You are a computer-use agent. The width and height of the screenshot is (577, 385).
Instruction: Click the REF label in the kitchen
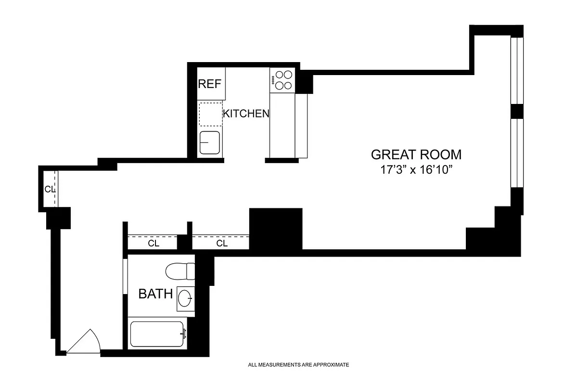point(210,84)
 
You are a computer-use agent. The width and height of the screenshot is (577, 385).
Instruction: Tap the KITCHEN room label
point(245,114)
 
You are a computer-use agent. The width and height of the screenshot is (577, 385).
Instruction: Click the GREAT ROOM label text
point(416,154)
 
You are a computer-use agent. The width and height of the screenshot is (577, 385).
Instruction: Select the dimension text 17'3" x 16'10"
point(416,170)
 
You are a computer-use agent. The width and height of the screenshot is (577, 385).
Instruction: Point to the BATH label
point(155,294)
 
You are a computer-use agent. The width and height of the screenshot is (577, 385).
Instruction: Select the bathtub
point(157,334)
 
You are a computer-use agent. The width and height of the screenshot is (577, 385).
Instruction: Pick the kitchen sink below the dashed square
point(210,143)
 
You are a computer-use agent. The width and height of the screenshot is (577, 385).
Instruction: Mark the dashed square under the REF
point(211,115)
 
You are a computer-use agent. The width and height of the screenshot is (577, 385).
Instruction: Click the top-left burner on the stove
point(279,75)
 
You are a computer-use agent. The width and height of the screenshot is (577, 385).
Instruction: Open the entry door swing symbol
point(84,343)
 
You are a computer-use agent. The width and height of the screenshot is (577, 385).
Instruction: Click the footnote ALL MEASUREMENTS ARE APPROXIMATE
point(298,365)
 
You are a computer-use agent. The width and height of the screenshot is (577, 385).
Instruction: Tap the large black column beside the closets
point(276,229)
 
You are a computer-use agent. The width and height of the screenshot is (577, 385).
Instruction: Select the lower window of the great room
point(516,153)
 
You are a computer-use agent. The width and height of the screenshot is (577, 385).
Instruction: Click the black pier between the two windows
point(517,111)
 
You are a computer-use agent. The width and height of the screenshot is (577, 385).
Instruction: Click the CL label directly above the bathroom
point(154,244)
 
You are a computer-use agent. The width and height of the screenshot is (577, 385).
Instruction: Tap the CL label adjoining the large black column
point(221,244)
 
